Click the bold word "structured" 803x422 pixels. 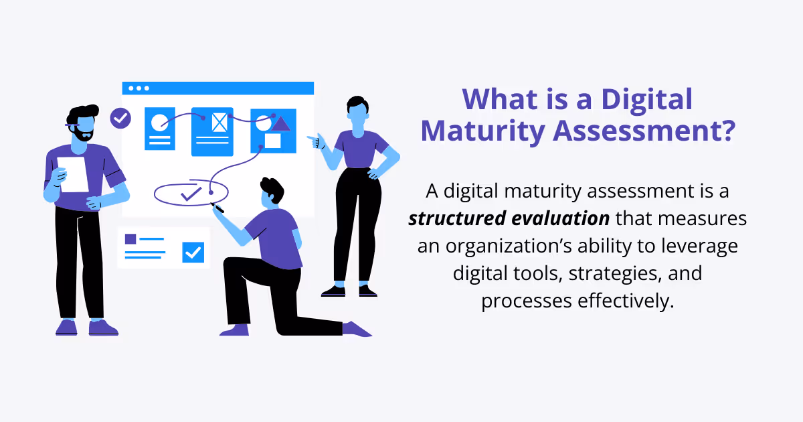[x=452, y=219]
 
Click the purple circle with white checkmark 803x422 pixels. [x=120, y=119]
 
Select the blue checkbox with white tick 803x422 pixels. [x=193, y=252]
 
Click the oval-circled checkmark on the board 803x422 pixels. [x=191, y=194]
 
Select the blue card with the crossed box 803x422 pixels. [x=212, y=131]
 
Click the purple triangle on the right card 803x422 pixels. [x=281, y=123]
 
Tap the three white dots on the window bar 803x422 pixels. [x=139, y=88]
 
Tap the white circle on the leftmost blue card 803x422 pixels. [x=159, y=123]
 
